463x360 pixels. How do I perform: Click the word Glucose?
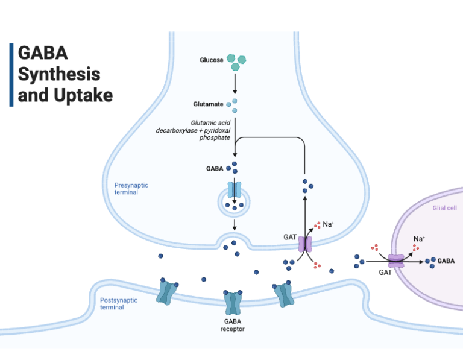[212, 60]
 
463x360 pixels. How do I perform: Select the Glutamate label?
[208, 104]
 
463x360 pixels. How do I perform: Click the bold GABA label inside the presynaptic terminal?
[215, 168]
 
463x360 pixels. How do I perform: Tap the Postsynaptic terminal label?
[119, 303]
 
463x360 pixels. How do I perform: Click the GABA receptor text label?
[233, 325]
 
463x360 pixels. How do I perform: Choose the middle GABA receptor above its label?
[233, 303]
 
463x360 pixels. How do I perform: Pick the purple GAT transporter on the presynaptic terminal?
[306, 243]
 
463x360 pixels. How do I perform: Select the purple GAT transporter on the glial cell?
[396, 261]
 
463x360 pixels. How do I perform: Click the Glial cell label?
[444, 208]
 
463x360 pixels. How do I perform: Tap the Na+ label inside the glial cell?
[419, 239]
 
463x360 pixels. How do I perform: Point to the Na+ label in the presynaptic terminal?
[329, 224]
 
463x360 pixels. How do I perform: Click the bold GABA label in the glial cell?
[446, 261]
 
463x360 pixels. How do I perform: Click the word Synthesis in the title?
[59, 75]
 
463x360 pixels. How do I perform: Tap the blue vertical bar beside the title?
[11, 75]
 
